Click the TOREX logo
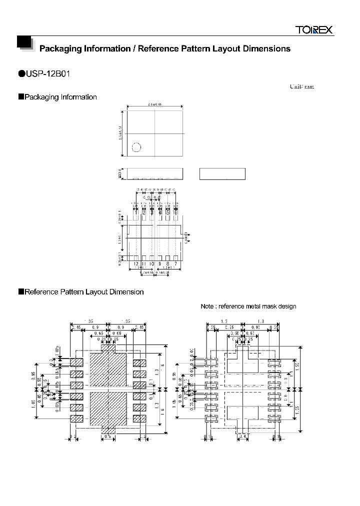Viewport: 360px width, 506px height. tap(313, 30)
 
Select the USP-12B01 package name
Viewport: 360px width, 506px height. tap(49, 74)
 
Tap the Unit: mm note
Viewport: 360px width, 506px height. tap(302, 86)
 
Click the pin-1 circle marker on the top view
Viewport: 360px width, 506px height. tap(136, 147)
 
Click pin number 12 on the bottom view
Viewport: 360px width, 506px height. tap(135, 263)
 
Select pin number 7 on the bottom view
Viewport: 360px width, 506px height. tap(175, 263)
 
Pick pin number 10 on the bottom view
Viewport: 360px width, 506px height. tap(151, 263)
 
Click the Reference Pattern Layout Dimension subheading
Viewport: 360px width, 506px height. tap(84, 292)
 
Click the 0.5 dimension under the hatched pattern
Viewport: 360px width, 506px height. tap(108, 437)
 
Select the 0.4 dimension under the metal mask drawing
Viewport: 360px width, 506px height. tap(242, 437)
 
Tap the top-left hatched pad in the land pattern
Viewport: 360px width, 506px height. tap(76, 362)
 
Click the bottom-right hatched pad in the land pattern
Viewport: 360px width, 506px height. tap(139, 418)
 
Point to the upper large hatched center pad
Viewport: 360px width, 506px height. tap(108, 367)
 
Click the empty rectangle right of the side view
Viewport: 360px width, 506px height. tap(222, 174)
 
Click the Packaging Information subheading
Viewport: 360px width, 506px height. tap(60, 97)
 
